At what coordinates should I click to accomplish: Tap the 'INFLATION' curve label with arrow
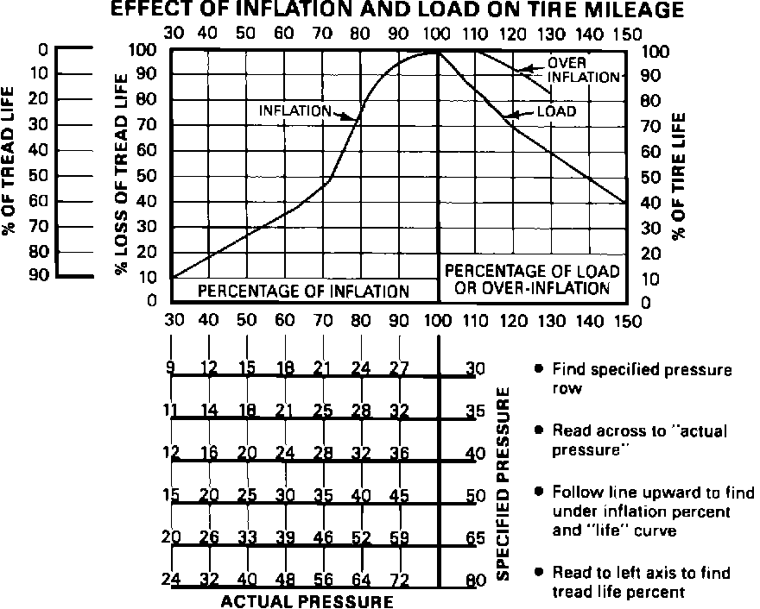(x=295, y=110)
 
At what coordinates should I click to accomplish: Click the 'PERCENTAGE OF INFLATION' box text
(x=304, y=292)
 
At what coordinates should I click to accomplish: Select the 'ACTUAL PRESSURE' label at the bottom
(x=307, y=600)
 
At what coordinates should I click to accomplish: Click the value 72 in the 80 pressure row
(x=399, y=580)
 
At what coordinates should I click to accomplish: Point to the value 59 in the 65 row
(x=399, y=537)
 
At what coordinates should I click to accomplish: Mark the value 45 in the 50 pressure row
(x=399, y=496)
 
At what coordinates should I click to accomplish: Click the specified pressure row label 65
(x=474, y=537)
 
